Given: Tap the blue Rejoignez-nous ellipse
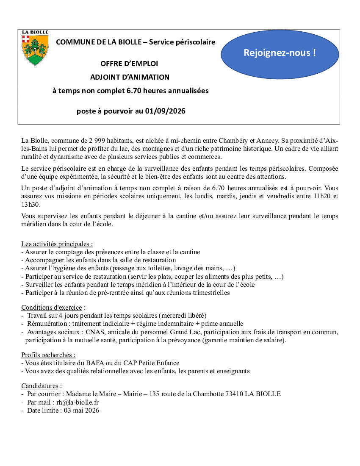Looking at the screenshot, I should tap(280, 53).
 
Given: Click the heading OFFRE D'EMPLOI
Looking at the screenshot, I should tap(129, 64).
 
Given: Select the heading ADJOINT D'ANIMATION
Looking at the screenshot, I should tap(130, 77).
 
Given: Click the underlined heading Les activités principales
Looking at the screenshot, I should tap(57, 244).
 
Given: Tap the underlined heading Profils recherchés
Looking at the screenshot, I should tap(48, 355).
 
